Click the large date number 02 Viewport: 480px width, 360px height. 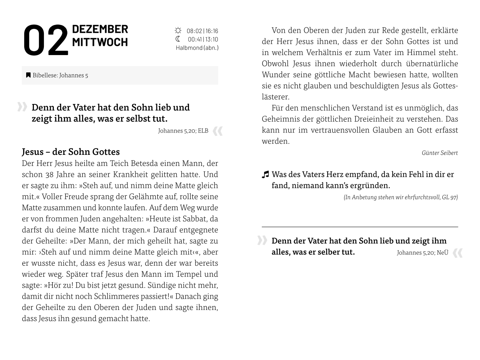click(x=45, y=40)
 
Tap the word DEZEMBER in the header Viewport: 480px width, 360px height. click(x=100, y=29)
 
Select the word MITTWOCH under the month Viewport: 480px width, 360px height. click(x=100, y=42)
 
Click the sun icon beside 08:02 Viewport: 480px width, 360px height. click(x=178, y=30)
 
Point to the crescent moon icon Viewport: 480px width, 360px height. click(x=178, y=39)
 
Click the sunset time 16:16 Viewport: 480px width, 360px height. click(x=212, y=31)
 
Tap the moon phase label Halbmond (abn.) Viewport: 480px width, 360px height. click(x=197, y=48)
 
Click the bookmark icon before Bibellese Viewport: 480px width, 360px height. click(x=28, y=75)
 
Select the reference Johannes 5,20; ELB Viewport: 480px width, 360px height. click(x=183, y=131)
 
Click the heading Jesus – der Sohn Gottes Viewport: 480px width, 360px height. click(x=71, y=152)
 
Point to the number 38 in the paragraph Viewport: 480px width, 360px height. click(x=50, y=174)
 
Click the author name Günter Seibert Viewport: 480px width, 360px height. click(x=440, y=153)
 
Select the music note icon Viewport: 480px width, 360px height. click(x=265, y=175)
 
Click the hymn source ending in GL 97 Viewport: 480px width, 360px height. click(x=400, y=197)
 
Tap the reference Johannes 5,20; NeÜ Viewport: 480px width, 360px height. click(x=422, y=253)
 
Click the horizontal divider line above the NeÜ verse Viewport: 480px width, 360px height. click(x=360, y=227)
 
